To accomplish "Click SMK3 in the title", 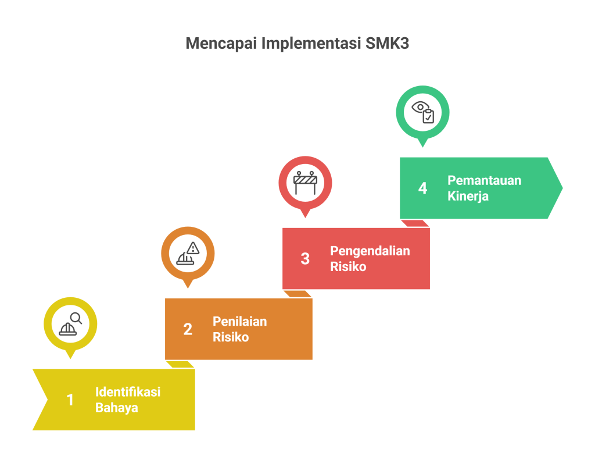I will point(388,44).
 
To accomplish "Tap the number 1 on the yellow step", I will point(70,400).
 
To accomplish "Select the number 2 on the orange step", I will point(187,329).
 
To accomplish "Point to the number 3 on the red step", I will point(305,259).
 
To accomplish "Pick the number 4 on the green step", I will point(422,188).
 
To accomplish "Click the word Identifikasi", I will point(128,392).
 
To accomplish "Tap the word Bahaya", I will point(116,408).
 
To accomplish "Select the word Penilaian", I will point(239,322).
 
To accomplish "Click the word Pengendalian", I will point(370,251).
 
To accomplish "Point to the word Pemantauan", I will point(484,180).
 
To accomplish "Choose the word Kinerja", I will point(468,196).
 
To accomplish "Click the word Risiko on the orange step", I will point(230,337).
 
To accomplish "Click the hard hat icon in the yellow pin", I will point(67,329).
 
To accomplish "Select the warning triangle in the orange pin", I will point(193,248).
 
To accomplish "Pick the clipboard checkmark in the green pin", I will point(428,116).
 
